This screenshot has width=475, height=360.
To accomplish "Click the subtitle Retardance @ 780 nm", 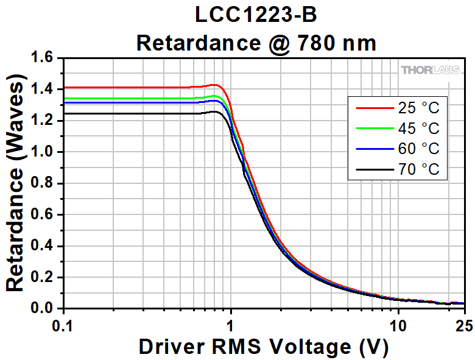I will pyautogui.click(x=256, y=43).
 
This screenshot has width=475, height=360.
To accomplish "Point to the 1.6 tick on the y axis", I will pyautogui.click(x=46, y=58).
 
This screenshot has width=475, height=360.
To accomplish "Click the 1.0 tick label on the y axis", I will pyautogui.click(x=46, y=152).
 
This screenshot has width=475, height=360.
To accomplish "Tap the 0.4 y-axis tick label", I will pyautogui.click(x=46, y=246).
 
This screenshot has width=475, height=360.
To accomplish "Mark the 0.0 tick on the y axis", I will pyautogui.click(x=46, y=309).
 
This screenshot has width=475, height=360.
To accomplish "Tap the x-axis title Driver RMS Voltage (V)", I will pyautogui.click(x=263, y=347).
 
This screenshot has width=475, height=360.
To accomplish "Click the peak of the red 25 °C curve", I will pyautogui.click(x=214, y=85).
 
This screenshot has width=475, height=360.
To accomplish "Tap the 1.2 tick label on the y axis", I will pyautogui.click(x=46, y=121).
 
